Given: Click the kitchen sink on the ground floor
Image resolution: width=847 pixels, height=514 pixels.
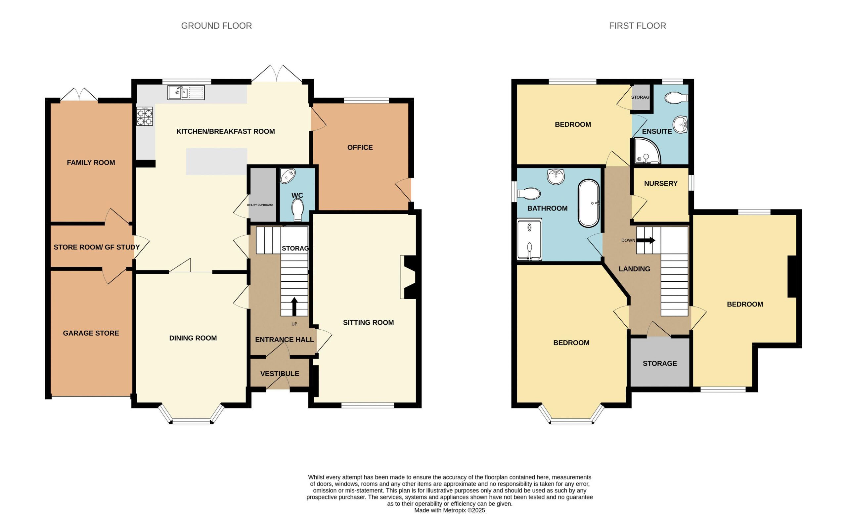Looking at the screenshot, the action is pos(186,92).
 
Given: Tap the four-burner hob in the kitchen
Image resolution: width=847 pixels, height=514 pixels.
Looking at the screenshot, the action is pos(145,116).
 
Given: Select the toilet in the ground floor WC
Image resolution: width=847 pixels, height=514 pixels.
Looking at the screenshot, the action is pos(297,210).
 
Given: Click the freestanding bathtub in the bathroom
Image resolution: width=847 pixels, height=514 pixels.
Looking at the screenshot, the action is pos(589,203).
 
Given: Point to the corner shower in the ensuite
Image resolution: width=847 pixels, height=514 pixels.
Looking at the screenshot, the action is pos(646,151).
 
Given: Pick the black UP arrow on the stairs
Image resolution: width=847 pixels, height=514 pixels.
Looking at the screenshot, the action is pos(294,306).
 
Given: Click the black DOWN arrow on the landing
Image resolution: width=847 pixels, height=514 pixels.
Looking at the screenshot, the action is pos(646,240).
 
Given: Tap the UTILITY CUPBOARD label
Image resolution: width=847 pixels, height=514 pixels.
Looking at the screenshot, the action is pos(260,205).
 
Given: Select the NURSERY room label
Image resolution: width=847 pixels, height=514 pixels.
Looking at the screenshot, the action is pos(661,184).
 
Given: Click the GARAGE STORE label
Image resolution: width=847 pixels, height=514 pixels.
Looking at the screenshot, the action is pos(91,333).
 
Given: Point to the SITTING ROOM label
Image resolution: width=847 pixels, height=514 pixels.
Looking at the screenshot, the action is pos(368,322).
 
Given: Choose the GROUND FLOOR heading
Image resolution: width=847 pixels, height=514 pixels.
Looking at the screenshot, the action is pos(217,26).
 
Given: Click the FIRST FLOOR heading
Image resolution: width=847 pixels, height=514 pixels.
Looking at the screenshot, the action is pos(637,26).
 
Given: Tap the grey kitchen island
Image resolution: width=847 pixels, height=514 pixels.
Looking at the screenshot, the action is pos(217,162).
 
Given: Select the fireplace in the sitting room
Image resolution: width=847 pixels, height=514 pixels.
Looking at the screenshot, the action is pos(408,277).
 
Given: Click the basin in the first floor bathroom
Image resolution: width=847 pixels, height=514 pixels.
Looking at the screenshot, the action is pos(556,177).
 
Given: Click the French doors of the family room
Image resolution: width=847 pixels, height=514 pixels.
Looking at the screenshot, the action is pos(79,95).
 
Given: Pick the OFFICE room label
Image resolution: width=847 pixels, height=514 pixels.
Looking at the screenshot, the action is pos(360,148).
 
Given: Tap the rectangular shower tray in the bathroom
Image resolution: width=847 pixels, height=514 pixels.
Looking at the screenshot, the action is pos(529,239).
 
